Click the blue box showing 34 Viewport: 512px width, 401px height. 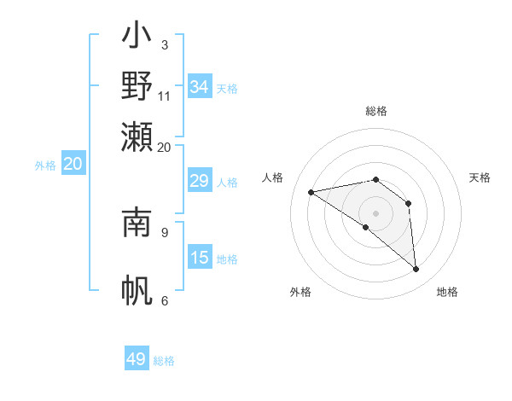[200, 87]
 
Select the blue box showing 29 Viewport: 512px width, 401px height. [200, 181]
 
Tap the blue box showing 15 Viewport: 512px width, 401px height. [200, 258]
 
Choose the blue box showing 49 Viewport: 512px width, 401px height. [137, 359]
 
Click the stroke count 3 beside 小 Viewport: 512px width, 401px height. [165, 44]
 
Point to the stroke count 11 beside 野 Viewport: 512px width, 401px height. [165, 96]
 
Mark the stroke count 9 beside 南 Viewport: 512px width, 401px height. [165, 231]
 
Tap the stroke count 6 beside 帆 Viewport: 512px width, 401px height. [165, 300]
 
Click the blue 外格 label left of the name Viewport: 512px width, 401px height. [45, 166]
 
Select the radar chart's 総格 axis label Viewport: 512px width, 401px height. [376, 111]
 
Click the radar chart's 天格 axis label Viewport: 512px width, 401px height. [480, 177]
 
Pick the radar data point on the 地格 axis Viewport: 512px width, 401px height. [416, 270]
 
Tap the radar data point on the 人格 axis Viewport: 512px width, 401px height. [311, 192]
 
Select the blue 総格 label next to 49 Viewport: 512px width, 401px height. [164, 361]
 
